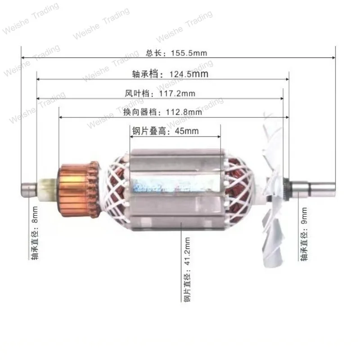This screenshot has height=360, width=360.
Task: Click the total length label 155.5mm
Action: (x=176, y=53)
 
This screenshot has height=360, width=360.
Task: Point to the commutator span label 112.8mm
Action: (x=156, y=112)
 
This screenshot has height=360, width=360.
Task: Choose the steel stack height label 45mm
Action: (x=165, y=131)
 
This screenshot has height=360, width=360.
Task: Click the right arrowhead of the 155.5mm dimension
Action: (x=333, y=58)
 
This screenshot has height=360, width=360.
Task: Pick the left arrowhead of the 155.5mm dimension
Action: (x=23, y=58)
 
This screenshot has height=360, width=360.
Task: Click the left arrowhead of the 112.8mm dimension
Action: (x=60, y=117)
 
